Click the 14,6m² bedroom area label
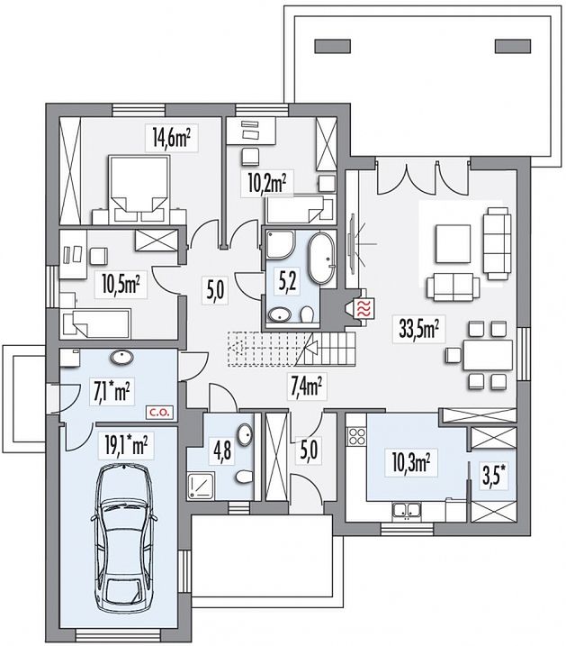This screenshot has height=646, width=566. (171, 138)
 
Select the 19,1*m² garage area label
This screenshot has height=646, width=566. (126, 446)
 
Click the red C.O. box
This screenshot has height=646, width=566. (159, 412)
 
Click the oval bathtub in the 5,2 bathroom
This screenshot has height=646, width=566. (323, 259)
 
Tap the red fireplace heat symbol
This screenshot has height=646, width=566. (364, 308)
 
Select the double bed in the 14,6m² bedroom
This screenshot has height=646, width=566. (139, 189)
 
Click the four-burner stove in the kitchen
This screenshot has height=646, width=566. (356, 437)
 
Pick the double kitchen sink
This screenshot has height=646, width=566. (405, 511)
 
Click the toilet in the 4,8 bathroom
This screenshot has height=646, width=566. (245, 477)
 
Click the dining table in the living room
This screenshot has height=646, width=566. (488, 355)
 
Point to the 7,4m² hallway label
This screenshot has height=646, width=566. (307, 387)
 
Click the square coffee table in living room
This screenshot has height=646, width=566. (453, 243)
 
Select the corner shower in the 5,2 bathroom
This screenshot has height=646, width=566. (281, 245)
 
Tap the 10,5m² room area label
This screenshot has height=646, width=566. (121, 285)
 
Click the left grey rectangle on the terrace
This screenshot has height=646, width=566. (333, 46)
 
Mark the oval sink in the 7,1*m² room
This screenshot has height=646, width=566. (121, 357)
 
